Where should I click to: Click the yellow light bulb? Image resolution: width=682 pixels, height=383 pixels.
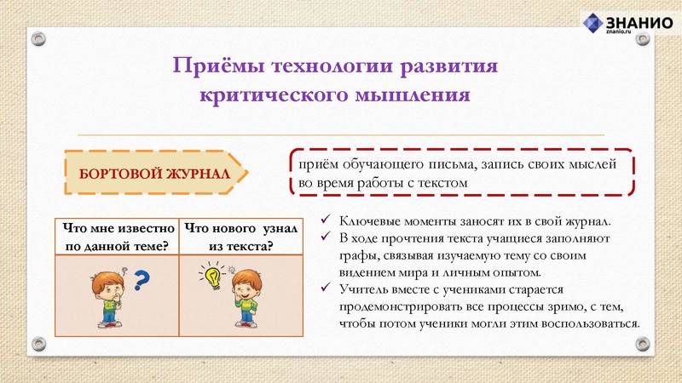tap(211, 274)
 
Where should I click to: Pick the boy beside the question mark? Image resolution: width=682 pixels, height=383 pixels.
tap(108, 298)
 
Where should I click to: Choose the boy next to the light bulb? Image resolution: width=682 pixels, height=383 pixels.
tap(246, 298)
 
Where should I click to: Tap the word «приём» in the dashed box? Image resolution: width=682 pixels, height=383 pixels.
tap(315, 163)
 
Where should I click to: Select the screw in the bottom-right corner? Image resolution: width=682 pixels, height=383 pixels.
tap(644, 344)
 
